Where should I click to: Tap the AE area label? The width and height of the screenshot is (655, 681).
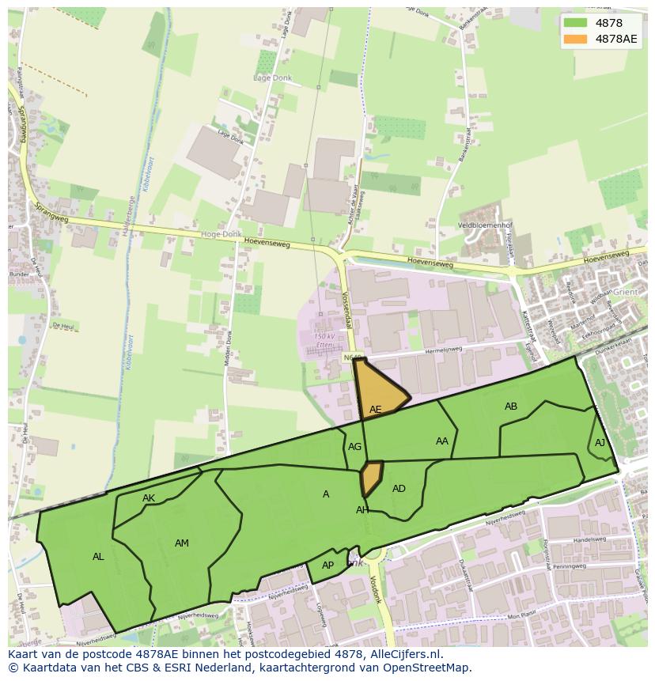[376, 410]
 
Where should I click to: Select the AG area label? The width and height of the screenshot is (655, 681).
[355, 447]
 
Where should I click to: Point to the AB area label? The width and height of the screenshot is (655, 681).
[511, 407]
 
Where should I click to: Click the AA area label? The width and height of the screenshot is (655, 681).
[442, 441]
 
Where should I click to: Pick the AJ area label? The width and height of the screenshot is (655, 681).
[600, 443]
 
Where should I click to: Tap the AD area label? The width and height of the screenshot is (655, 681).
[399, 489]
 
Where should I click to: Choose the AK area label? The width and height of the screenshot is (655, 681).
[149, 498]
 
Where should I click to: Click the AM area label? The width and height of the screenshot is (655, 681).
[182, 543]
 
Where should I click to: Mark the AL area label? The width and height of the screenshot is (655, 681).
[98, 557]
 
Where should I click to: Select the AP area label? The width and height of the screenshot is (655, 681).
[327, 566]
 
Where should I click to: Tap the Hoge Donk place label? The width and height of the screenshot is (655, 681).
[220, 235]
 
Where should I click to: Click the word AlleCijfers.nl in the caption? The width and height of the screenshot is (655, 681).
[406, 655]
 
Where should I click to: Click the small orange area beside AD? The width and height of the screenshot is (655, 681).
[371, 478]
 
